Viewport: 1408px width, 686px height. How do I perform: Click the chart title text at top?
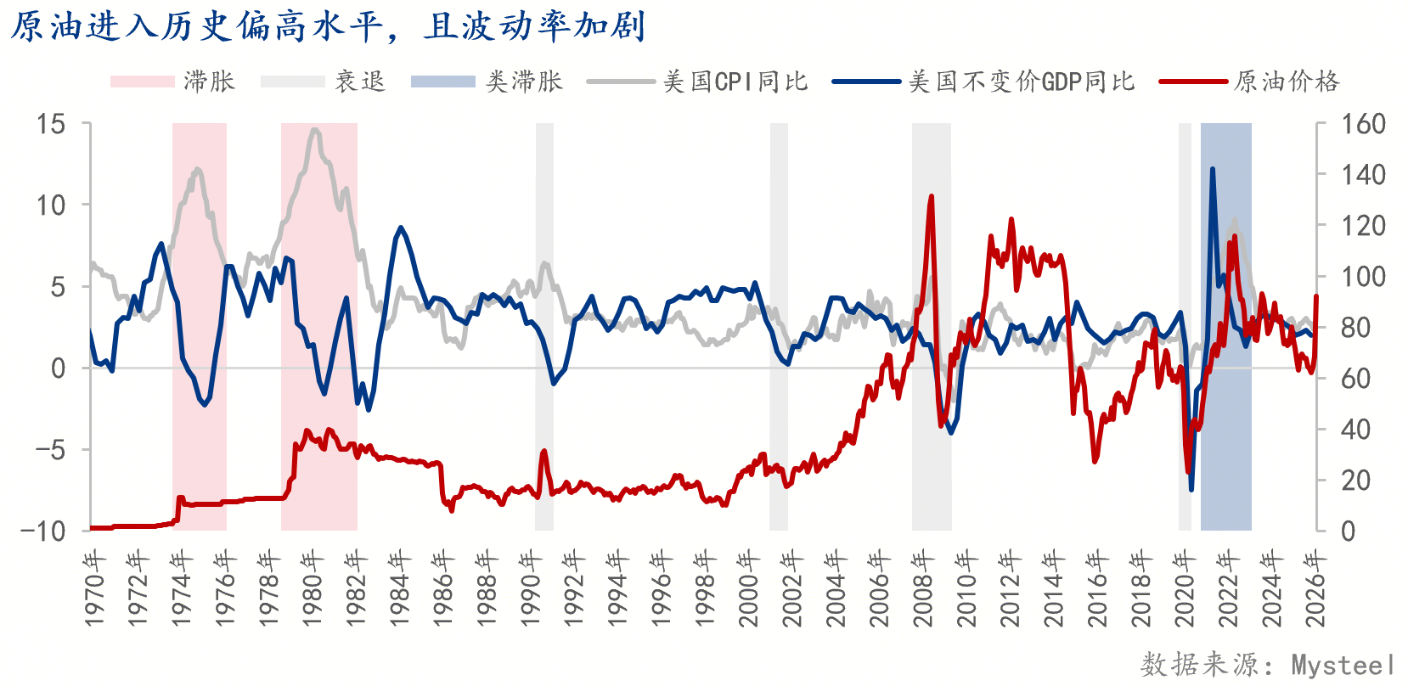328,26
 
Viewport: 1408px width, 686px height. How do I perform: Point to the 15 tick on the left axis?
50,124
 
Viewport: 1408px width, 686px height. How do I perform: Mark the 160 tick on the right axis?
1363,124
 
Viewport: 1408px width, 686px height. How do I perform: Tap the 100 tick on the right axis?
1363,277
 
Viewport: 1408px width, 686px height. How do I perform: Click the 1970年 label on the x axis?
94,588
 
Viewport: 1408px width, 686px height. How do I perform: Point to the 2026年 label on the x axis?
1315,588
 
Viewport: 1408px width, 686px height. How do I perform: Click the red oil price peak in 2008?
932,197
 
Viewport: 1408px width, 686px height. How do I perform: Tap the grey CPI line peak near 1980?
314,130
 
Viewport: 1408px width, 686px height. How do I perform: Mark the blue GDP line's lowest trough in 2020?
1191,489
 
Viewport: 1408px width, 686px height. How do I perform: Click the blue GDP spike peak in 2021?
1212,169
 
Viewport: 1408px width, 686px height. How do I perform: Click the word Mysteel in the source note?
1343,665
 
